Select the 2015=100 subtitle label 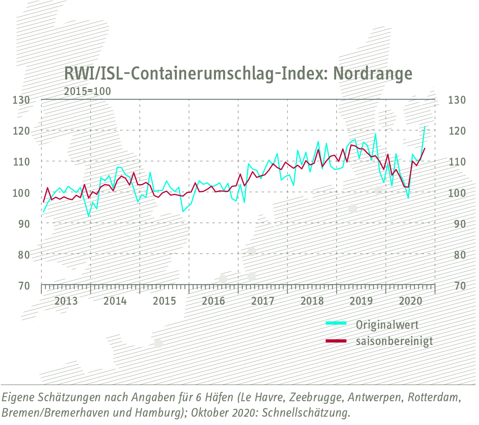(87, 91)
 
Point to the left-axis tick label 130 (21, 100)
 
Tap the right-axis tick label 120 (457, 131)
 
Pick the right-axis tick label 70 (460, 286)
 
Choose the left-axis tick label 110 (21, 162)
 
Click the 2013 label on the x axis (66, 301)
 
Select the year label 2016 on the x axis (213, 301)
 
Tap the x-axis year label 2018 (312, 301)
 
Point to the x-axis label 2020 (410, 301)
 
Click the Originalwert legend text (387, 325)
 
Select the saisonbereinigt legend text (394, 341)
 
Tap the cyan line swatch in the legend (336, 323)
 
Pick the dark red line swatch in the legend (336, 341)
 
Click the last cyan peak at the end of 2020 (425, 127)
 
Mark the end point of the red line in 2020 (425, 148)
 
